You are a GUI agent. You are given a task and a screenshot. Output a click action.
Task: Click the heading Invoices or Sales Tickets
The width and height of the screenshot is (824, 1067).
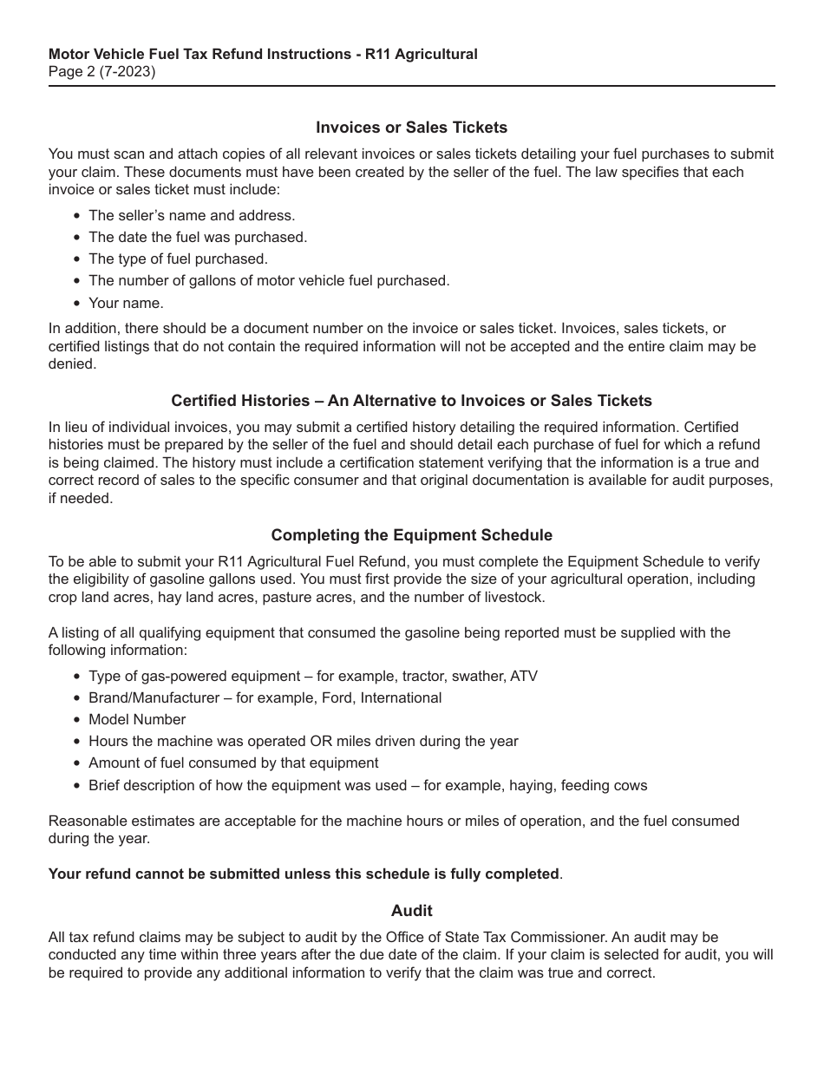click(411, 128)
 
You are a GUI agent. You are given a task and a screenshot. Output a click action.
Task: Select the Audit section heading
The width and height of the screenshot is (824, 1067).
click(411, 910)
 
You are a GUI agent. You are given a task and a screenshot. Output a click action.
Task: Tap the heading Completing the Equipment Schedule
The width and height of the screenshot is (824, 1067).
click(411, 535)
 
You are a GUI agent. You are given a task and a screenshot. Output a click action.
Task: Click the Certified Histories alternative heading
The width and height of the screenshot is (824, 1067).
click(411, 401)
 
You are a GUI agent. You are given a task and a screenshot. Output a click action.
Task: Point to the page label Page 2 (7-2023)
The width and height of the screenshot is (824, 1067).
click(102, 72)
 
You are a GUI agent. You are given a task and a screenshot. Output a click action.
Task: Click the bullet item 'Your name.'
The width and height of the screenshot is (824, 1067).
click(126, 303)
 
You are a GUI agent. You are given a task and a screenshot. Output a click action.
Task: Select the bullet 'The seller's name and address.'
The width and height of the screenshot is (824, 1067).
click(192, 215)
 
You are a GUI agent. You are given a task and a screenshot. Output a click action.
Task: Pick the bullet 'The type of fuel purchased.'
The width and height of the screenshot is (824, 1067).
click(178, 259)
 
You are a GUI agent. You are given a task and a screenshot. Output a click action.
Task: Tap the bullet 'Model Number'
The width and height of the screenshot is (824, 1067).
click(137, 719)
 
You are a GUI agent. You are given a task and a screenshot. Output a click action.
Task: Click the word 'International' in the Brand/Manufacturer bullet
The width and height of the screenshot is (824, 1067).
click(401, 697)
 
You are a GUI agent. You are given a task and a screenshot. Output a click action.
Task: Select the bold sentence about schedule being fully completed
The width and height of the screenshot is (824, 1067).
click(304, 874)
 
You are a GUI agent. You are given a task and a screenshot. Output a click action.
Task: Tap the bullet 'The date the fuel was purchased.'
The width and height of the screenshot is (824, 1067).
click(198, 237)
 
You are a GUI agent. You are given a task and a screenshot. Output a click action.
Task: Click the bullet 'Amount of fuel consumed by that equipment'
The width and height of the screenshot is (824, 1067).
click(233, 763)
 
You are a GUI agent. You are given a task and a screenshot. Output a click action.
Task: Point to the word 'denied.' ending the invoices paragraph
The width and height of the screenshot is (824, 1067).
click(71, 364)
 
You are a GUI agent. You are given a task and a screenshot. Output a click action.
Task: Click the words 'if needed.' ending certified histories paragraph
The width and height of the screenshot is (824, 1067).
click(81, 499)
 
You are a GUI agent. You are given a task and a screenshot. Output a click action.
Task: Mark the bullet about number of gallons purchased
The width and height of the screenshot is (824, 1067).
click(269, 280)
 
